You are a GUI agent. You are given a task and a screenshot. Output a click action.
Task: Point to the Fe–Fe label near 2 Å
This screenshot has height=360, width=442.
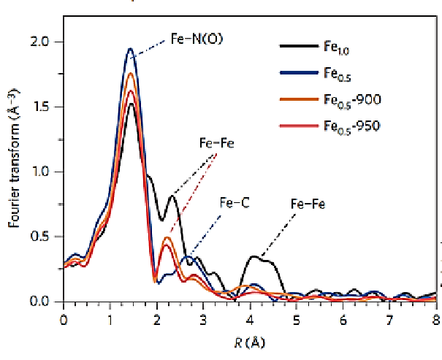tap(217, 144)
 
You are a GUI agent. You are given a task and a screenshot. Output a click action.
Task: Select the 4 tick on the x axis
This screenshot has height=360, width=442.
tap(250, 319)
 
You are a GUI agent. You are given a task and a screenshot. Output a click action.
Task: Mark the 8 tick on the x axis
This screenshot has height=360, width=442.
tap(435, 319)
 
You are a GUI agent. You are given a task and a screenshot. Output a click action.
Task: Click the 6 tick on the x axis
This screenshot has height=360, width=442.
tap(343, 319)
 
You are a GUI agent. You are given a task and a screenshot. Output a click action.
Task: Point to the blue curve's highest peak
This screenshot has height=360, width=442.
tap(130, 49)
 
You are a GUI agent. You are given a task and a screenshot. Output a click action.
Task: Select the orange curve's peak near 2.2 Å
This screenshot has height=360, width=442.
tap(167, 237)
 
